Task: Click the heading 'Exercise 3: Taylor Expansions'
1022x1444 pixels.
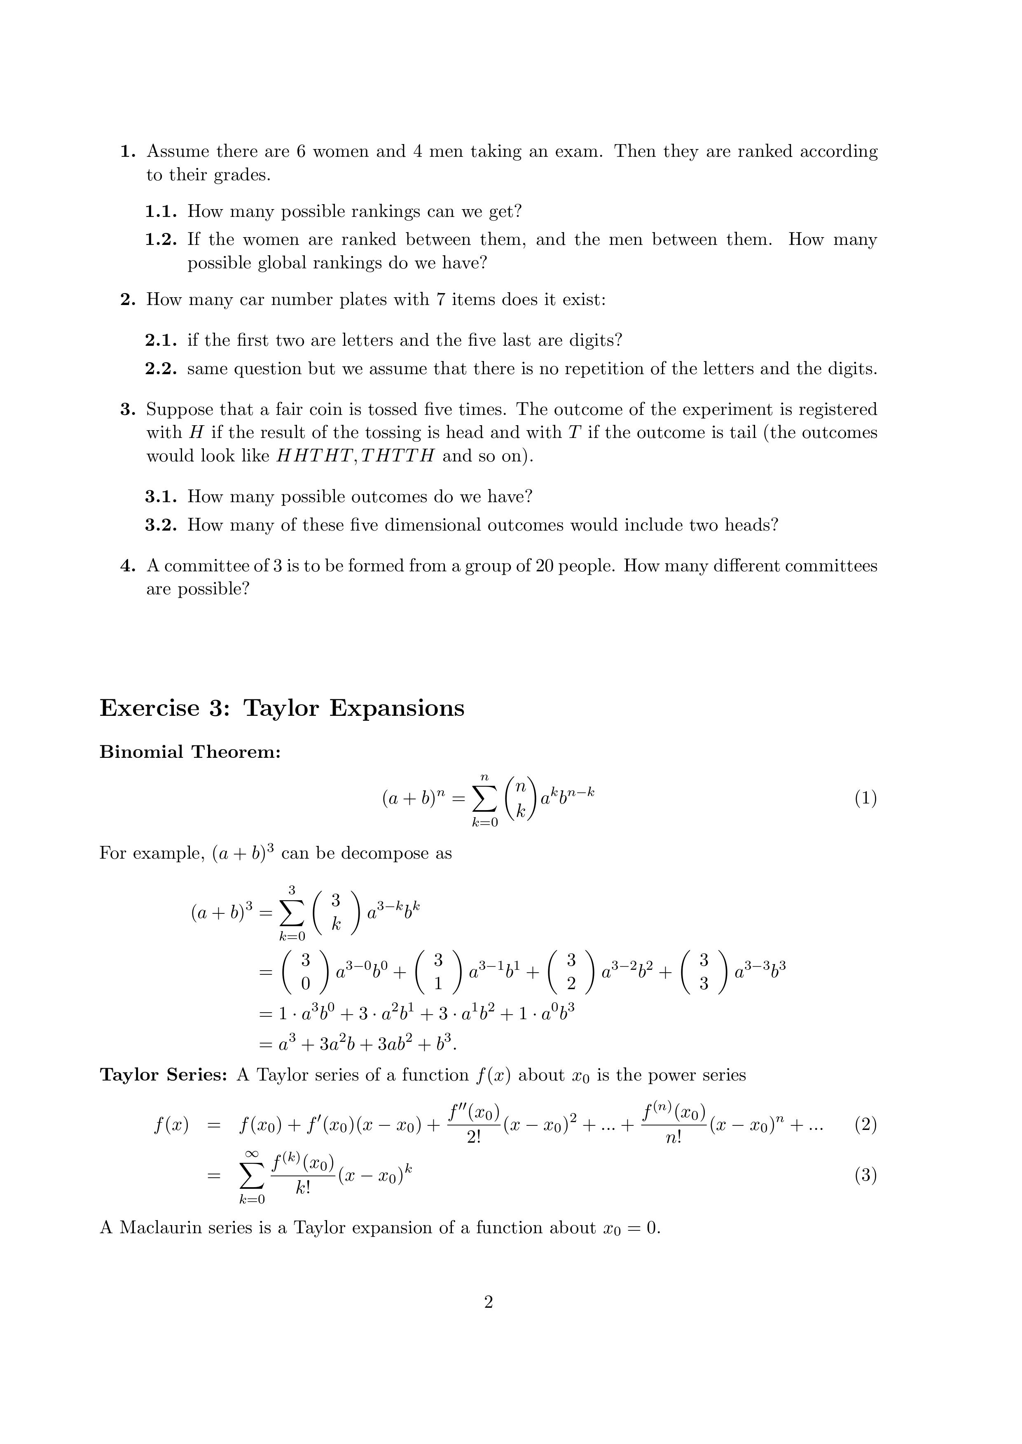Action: (x=282, y=708)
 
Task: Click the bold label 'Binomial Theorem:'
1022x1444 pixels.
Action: (x=190, y=752)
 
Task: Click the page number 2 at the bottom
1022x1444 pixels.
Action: (x=489, y=1302)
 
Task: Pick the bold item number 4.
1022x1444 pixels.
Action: (x=128, y=566)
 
